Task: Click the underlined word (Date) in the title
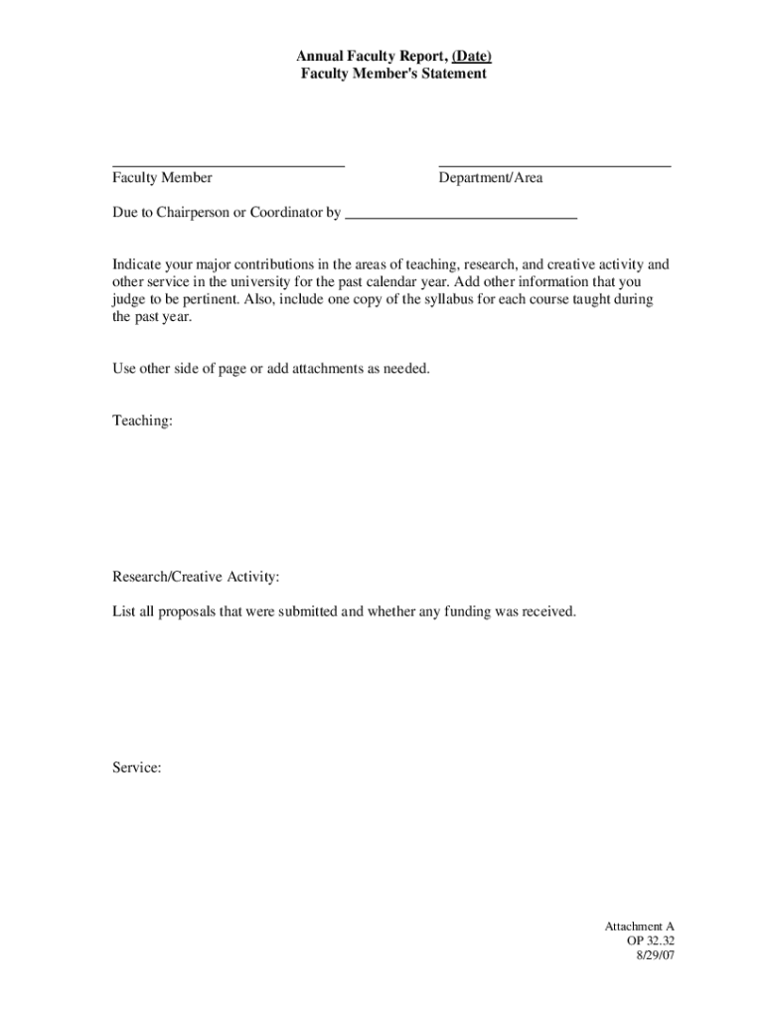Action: [x=472, y=57]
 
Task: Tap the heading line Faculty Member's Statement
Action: [x=393, y=74]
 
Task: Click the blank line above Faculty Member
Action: [x=229, y=164]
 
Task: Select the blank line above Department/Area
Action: [x=554, y=164]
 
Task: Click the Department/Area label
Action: [x=491, y=178]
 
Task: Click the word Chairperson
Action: [x=195, y=213]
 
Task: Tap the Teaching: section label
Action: [x=142, y=422]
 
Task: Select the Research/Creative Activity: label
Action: [x=196, y=577]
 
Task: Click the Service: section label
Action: [x=137, y=767]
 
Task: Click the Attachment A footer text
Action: [x=640, y=927]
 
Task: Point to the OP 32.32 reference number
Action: [x=651, y=940]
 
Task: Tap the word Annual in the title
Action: [x=319, y=57]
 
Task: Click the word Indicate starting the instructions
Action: [x=137, y=264]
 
